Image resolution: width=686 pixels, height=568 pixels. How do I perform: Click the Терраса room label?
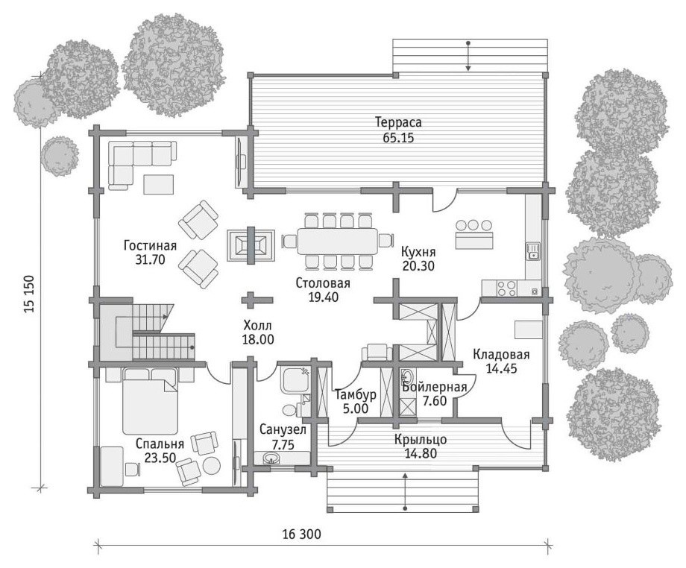[398, 122]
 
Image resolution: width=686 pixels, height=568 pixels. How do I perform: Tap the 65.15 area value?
[398, 138]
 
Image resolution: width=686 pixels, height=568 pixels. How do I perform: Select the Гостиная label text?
[150, 245]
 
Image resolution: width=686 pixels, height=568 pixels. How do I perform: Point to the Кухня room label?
[418, 252]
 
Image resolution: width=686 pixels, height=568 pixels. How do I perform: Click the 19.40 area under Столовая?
[324, 297]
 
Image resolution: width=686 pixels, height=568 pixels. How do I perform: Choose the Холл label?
[258, 325]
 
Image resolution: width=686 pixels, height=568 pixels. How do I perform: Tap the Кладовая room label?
[501, 354]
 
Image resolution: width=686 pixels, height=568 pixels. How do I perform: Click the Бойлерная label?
[435, 387]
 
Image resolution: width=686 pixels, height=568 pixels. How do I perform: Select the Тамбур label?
[356, 395]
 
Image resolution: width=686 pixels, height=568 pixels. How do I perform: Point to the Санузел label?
[283, 430]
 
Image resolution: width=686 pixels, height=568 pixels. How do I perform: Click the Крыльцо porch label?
[421, 439]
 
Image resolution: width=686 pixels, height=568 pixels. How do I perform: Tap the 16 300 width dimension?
[301, 534]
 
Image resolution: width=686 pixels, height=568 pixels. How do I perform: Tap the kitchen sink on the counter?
[533, 251]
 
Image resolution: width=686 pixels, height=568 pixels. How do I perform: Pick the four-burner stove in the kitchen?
[506, 288]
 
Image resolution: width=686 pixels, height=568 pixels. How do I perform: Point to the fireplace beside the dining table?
[251, 245]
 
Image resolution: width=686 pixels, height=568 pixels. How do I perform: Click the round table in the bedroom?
[212, 465]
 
